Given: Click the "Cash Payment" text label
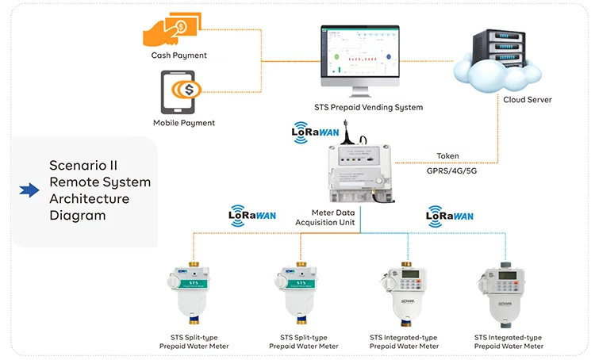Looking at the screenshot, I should click(179, 56).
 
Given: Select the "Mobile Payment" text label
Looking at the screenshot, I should click(184, 123).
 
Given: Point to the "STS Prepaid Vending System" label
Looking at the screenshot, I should click(369, 107).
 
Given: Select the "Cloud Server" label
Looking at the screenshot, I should click(528, 100).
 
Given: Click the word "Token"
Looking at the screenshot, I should click(447, 156).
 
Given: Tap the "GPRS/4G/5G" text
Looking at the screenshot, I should click(447, 171).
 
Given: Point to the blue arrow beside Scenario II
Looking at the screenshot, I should click(29, 190).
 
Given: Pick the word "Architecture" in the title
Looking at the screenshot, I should click(89, 198).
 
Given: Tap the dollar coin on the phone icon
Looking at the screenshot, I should click(189, 88).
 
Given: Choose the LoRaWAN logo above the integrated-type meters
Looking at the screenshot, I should click(450, 215).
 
